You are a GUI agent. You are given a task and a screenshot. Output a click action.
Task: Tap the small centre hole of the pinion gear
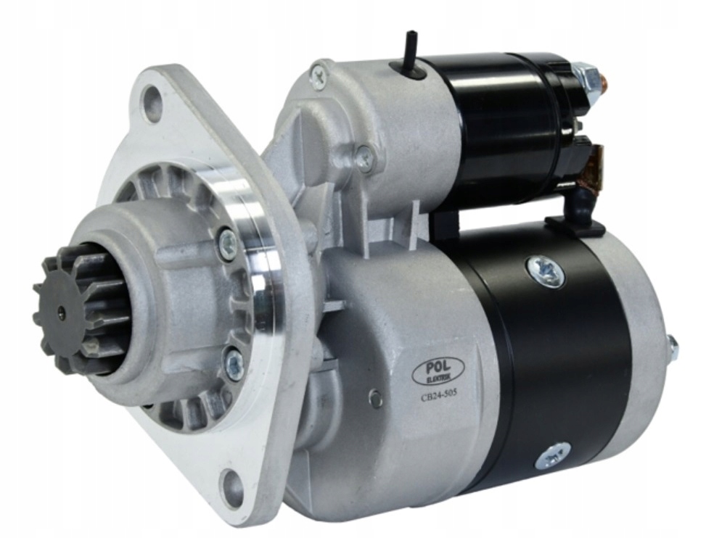pyautogui.click(x=61, y=312)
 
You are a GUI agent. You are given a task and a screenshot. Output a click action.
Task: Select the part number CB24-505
pyautogui.click(x=438, y=394)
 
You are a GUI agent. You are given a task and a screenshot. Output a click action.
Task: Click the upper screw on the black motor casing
pyautogui.click(x=546, y=270)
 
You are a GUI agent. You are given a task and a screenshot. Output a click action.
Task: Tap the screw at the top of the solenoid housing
pyautogui.click(x=319, y=74)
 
